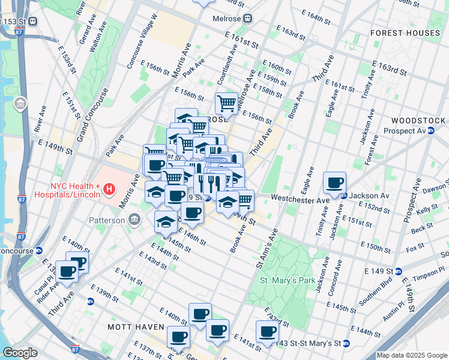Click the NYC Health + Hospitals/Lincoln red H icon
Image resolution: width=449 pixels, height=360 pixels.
coord(109,190)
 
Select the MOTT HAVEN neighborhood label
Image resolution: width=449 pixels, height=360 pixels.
coord(136,327)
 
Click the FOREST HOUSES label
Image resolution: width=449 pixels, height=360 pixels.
coord(405,32)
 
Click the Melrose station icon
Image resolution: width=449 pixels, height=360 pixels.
coord(247,19)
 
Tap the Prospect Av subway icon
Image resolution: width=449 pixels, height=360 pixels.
coord(430,131)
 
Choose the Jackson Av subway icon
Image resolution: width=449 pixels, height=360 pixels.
coord(344,196)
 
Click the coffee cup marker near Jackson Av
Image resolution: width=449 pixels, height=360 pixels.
coord(334,182)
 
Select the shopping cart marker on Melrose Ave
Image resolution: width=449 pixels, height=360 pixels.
coord(226,103)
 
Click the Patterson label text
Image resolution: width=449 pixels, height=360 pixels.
coord(108,220)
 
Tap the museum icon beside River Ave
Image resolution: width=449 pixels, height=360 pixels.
coord(20,105)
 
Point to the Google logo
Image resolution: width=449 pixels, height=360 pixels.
coord(20,353)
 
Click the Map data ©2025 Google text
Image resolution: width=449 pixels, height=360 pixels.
coord(412,355)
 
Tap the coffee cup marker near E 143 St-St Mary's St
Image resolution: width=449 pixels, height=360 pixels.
coord(267,331)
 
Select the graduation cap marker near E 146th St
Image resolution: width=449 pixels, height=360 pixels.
coord(166,222)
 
